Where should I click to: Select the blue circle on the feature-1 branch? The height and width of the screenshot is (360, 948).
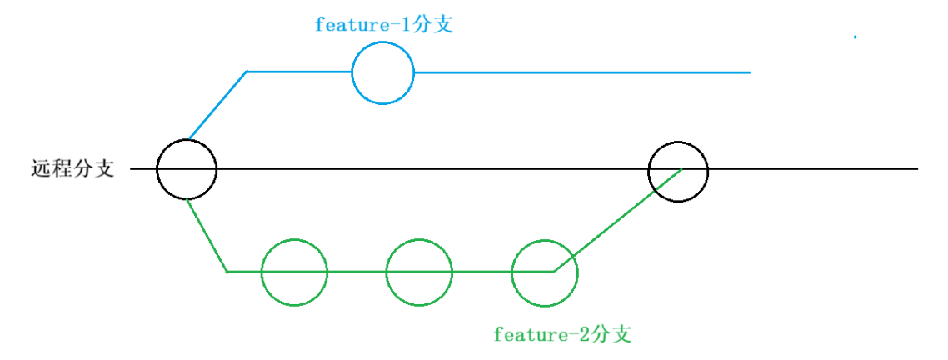(382, 73)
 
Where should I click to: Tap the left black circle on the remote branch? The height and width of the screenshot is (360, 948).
(187, 169)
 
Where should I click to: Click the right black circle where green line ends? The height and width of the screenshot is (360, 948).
(678, 171)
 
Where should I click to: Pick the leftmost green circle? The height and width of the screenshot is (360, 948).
(294, 272)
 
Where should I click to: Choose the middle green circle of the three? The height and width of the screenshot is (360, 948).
(419, 272)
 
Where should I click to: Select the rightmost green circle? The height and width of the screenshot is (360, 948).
(544, 272)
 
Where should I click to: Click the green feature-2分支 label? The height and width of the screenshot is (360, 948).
(562, 335)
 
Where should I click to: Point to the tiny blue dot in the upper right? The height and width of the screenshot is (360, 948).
(855, 37)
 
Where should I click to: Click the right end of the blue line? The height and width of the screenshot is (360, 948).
(748, 72)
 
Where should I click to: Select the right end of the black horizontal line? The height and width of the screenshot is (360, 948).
(915, 169)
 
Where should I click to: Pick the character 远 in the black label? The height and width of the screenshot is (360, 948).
(41, 169)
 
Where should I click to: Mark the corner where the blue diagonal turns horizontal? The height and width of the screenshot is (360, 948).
(247, 72)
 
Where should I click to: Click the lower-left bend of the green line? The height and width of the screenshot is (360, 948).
(227, 271)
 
